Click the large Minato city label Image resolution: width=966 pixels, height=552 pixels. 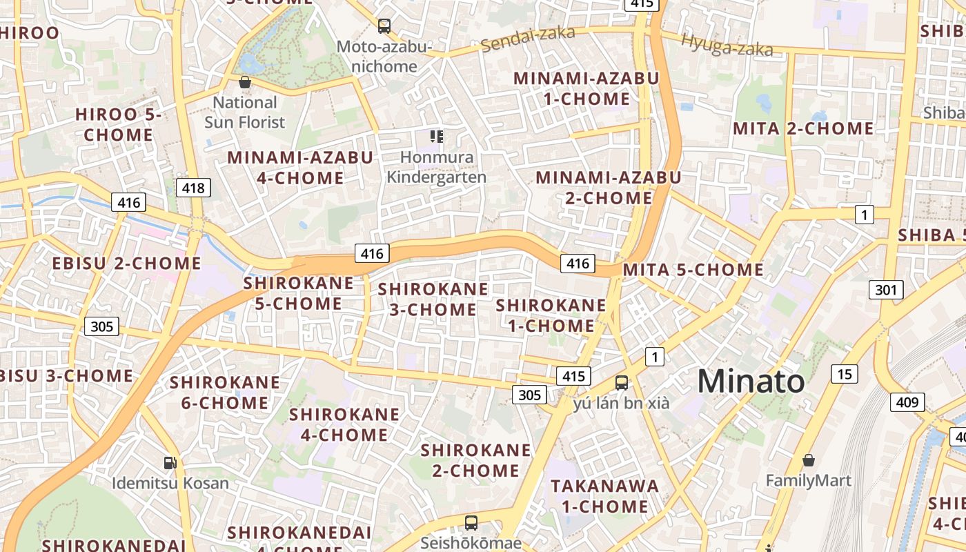point(751,382)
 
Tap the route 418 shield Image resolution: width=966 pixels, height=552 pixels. point(193,188)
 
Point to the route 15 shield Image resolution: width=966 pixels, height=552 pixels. point(845,374)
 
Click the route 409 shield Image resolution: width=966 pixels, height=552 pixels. point(907,402)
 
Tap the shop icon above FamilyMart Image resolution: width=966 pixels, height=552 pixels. point(808,460)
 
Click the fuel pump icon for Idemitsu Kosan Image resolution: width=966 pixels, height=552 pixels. point(170,462)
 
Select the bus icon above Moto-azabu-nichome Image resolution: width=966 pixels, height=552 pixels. point(384,26)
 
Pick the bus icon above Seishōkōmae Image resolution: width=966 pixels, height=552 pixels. point(471,522)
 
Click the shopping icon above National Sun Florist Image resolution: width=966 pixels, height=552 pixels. point(244,82)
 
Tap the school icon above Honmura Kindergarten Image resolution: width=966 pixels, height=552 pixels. point(436,137)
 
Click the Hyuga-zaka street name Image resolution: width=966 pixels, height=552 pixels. point(727,45)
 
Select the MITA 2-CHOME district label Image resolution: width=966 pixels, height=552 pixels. point(803,128)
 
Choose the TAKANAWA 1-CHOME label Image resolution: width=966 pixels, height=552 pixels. point(604,496)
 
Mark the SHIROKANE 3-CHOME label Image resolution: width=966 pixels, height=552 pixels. point(433,299)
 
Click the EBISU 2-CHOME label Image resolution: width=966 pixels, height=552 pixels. point(127,263)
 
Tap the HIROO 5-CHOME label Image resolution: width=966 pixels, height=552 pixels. point(118,125)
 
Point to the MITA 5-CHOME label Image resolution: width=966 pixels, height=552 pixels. point(693,270)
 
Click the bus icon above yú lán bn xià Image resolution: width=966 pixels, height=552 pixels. point(622,382)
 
